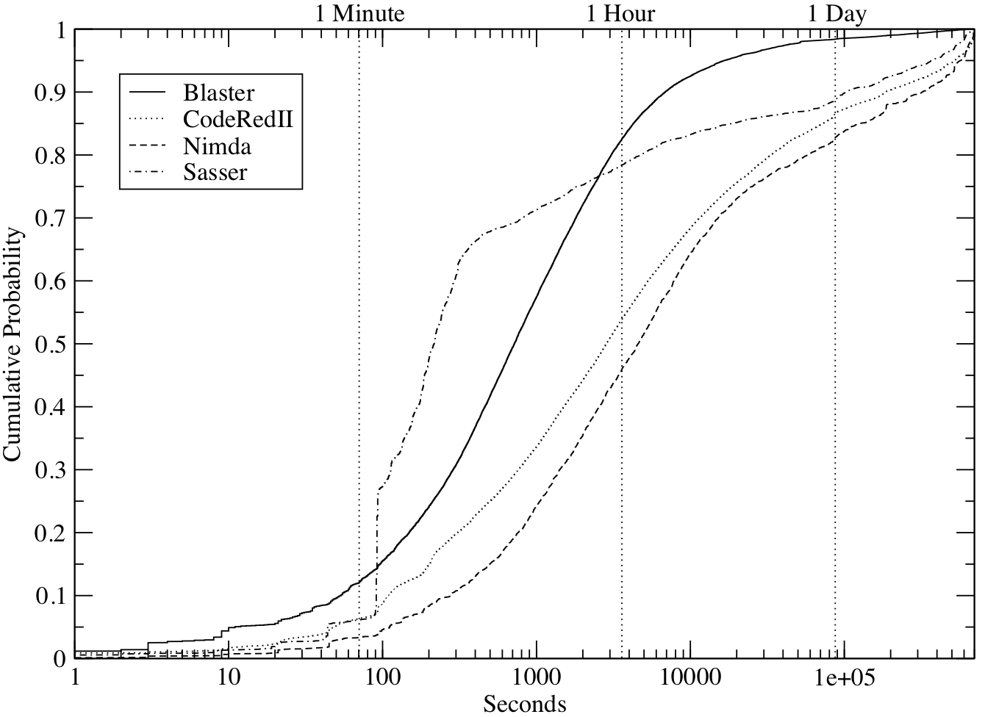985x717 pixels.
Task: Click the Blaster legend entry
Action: pyautogui.click(x=220, y=93)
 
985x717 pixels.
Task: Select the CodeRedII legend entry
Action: pyautogui.click(x=238, y=120)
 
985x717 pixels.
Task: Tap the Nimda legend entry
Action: pyautogui.click(x=218, y=146)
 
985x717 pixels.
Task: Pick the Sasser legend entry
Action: pyautogui.click(x=216, y=173)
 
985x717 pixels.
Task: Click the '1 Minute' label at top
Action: pyautogui.click(x=360, y=13)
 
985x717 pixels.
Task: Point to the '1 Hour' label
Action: pyautogui.click(x=620, y=13)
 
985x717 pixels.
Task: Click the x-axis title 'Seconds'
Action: pyautogui.click(x=525, y=704)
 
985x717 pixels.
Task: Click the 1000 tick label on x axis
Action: pyautogui.click(x=536, y=677)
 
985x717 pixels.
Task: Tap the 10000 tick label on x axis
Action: pyautogui.click(x=689, y=677)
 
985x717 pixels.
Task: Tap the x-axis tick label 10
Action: pyautogui.click(x=229, y=677)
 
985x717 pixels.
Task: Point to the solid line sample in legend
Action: pyautogui.click(x=151, y=93)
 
